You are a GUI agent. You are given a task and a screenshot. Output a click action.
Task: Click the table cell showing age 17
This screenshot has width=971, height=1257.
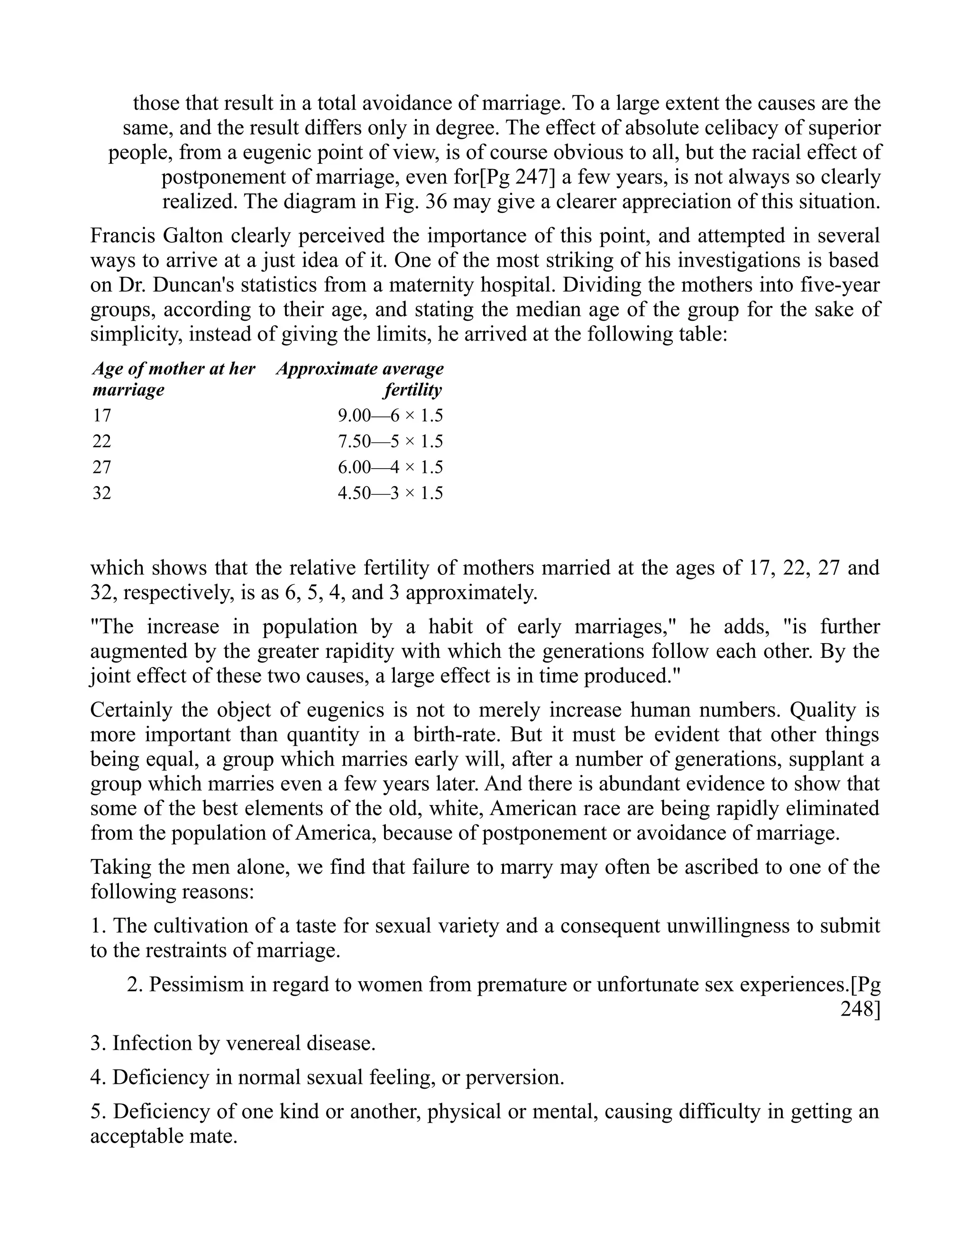102,416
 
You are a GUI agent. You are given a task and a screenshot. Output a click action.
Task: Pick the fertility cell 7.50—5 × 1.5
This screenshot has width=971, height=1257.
390,442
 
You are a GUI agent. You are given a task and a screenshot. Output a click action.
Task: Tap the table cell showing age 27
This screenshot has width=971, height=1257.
102,467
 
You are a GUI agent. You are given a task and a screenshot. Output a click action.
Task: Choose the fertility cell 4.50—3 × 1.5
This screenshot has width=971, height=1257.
390,493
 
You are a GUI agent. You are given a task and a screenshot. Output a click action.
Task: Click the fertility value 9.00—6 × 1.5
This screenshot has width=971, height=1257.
390,416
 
